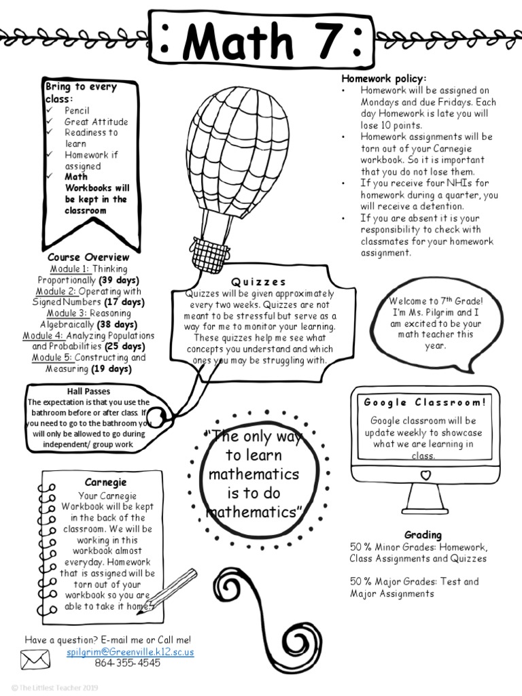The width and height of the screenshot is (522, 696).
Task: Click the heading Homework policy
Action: click(x=383, y=79)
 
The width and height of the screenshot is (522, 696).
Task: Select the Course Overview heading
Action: click(x=88, y=258)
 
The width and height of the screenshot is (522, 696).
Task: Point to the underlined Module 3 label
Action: click(x=67, y=313)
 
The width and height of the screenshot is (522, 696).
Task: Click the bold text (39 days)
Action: click(x=119, y=280)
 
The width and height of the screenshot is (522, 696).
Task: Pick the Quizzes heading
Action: click(x=259, y=282)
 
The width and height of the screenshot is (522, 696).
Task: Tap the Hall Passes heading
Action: click(x=88, y=391)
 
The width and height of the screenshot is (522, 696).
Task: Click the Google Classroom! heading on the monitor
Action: click(x=425, y=402)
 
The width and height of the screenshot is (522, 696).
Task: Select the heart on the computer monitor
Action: click(x=425, y=474)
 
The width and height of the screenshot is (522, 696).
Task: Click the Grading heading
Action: click(x=423, y=535)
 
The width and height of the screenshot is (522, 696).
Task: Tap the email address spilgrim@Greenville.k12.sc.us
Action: click(x=130, y=652)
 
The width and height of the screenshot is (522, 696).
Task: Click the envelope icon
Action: click(x=35, y=659)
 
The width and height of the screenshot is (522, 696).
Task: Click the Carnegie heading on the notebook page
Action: click(x=107, y=483)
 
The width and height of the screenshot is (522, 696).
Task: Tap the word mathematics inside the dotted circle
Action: click(x=254, y=474)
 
